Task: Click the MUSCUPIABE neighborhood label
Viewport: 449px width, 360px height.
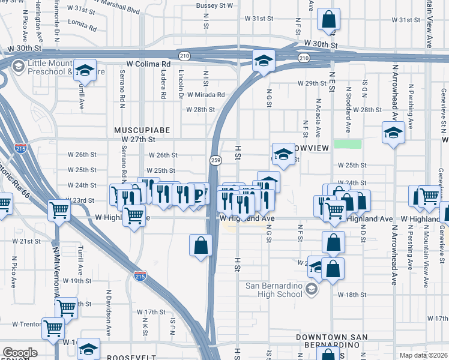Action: pyautogui.click(x=142, y=130)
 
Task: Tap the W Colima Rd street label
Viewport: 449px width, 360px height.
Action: pyautogui.click(x=149, y=63)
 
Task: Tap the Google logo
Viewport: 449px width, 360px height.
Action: pyautogui.click(x=20, y=353)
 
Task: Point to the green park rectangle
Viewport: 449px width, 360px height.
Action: pyautogui.click(x=348, y=144)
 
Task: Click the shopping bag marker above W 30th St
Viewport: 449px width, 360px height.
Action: pyautogui.click(x=329, y=20)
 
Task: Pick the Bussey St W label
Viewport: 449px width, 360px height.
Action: pyautogui.click(x=214, y=5)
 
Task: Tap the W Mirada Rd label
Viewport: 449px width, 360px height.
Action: pyautogui.click(x=205, y=95)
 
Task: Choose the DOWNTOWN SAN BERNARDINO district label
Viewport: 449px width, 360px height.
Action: pyautogui.click(x=331, y=341)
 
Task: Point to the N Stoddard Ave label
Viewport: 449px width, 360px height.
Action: pyautogui.click(x=348, y=110)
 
